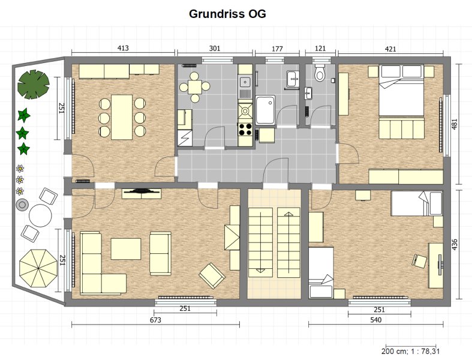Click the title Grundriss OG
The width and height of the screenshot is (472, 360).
click(227, 14)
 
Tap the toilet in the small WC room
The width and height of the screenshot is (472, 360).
click(320, 72)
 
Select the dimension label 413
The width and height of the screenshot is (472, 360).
click(123, 48)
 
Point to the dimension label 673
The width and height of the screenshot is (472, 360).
click(155, 320)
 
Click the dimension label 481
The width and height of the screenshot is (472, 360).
click(455, 124)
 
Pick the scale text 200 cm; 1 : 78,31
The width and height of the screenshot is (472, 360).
click(411, 351)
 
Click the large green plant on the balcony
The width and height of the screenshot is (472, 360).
click(34, 85)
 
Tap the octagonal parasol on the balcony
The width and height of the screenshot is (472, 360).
click(38, 268)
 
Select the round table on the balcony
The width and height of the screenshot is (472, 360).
click(40, 215)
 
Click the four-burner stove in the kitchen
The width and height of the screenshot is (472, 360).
click(245, 129)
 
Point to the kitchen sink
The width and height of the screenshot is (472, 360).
click(245, 82)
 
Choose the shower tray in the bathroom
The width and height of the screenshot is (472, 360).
click(265, 110)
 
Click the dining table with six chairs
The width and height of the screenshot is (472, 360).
click(122, 117)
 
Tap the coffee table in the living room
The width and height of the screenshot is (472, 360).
click(126, 249)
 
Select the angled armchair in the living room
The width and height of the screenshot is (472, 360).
click(212, 275)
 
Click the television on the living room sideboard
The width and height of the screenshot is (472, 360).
click(141, 191)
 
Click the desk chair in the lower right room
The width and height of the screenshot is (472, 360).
click(419, 261)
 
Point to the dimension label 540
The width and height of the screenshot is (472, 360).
click(376, 320)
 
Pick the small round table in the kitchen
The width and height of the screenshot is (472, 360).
click(195, 87)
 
